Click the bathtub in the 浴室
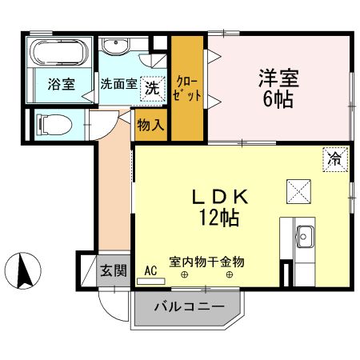tap(59, 52)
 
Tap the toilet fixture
tap(54, 125)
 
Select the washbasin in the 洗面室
tap(116, 46)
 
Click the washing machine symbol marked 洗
tap(153, 89)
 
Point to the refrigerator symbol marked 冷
tap(335, 159)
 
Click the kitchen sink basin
tap(306, 237)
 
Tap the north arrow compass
tap(23, 271)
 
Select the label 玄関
tap(114, 270)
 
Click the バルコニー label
tap(190, 307)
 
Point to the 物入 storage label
tap(150, 125)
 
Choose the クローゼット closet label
tap(187, 89)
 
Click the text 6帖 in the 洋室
tap(278, 99)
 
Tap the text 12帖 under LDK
tap(219, 218)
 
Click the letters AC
tap(150, 270)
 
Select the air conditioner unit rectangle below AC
tap(151, 282)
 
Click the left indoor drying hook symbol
tap(184, 274)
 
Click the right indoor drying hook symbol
tap(230, 274)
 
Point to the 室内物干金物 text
tap(206, 262)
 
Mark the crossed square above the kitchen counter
tap(298, 191)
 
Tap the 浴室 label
tap(62, 84)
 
